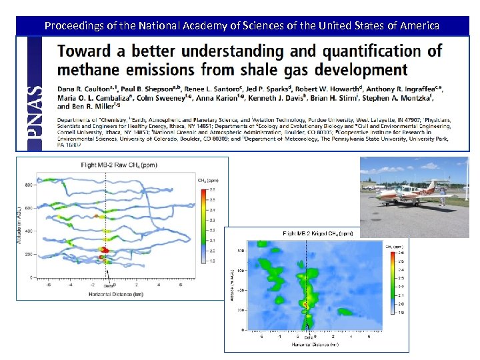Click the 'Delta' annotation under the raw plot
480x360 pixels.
[x=108, y=286]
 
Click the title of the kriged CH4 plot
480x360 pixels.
[x=318, y=234]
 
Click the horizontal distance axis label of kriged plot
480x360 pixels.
[x=314, y=345]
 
